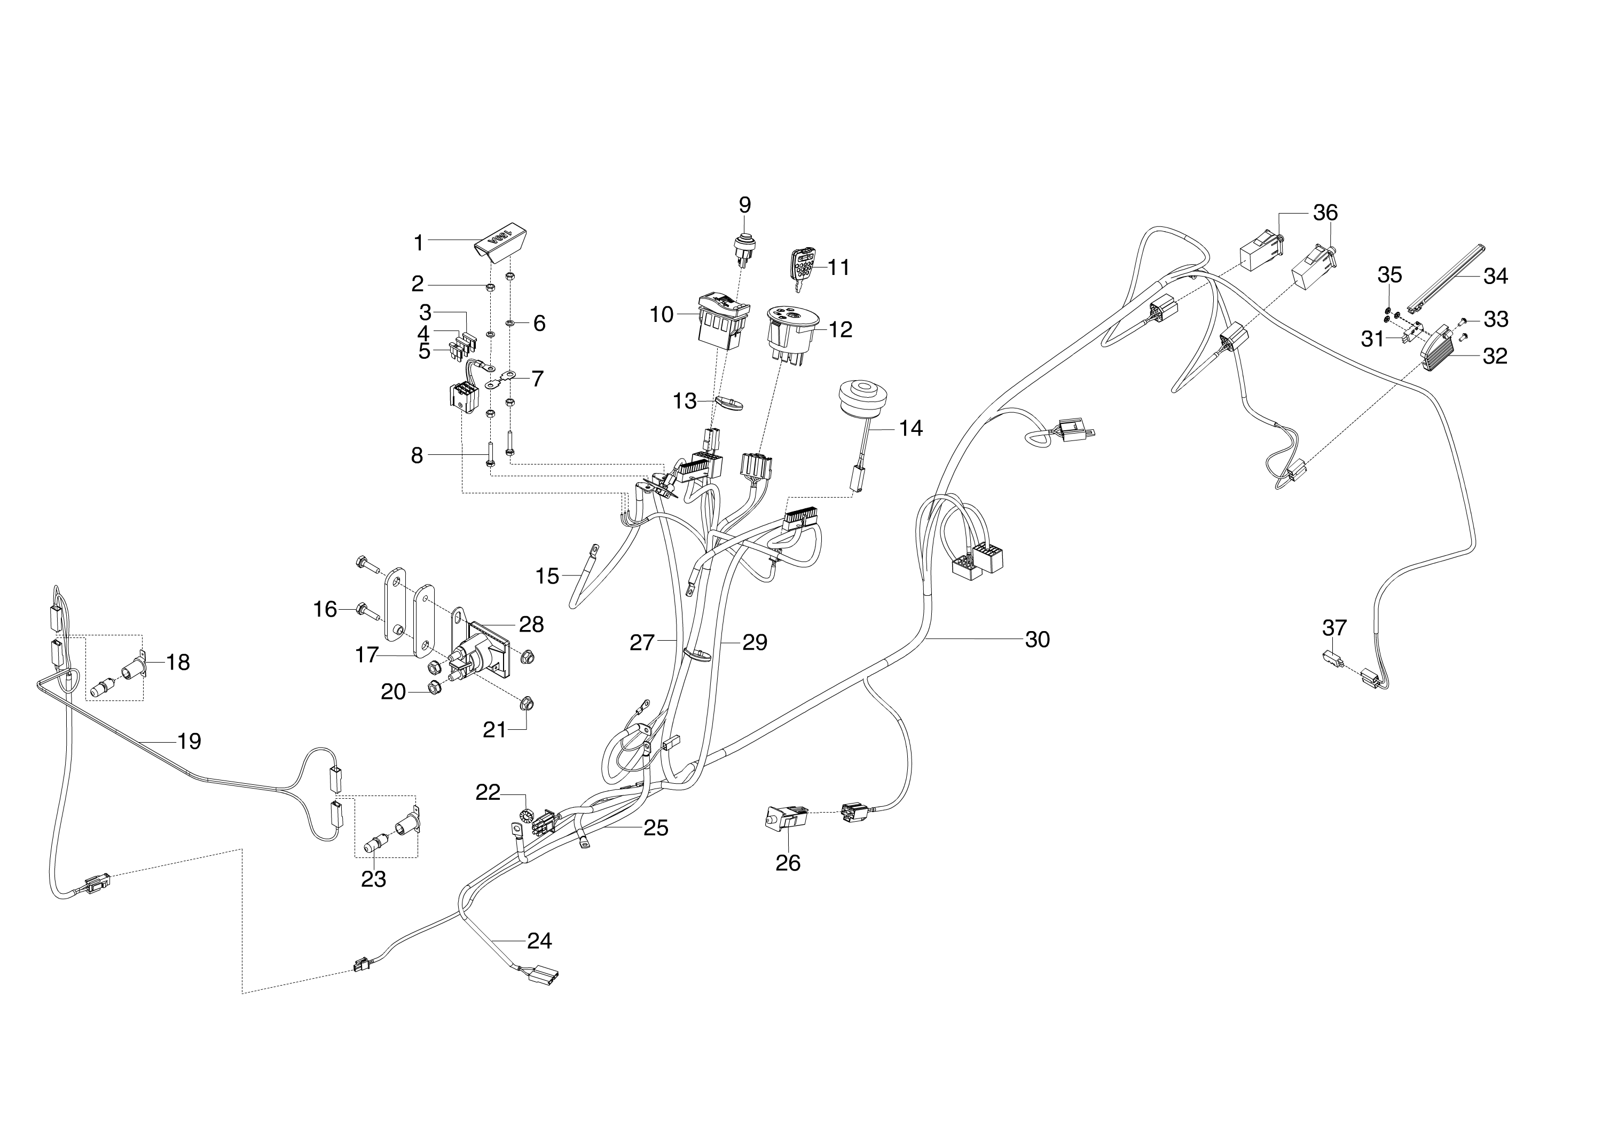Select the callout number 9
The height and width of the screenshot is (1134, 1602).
(744, 206)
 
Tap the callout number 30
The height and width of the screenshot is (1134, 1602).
(1037, 639)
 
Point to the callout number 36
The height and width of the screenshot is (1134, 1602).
(1325, 212)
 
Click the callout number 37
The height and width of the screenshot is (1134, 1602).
(1334, 628)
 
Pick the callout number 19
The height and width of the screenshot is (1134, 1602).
(189, 741)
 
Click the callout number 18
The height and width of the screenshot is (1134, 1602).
(177, 662)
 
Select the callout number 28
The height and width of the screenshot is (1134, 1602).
(531, 624)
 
